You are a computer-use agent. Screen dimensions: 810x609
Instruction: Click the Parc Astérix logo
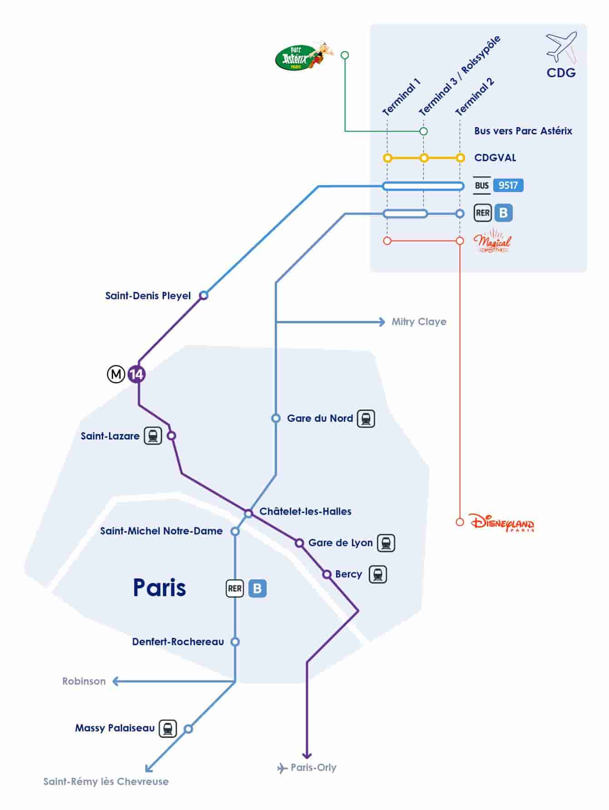[303, 56]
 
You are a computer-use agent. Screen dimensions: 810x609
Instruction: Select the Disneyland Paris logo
[501, 522]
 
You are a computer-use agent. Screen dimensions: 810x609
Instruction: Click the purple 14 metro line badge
[136, 374]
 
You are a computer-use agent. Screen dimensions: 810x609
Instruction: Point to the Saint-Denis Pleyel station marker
[204, 296]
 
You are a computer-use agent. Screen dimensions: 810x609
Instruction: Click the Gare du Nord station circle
[276, 418]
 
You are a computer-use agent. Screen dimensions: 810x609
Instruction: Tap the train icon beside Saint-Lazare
[153, 436]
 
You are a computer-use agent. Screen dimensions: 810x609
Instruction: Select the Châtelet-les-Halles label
[305, 511]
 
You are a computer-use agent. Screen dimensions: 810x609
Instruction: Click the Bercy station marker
[327, 574]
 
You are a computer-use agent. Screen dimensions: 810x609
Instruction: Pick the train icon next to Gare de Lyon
[386, 543]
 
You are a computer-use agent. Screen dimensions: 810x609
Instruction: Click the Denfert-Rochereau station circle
[235, 642]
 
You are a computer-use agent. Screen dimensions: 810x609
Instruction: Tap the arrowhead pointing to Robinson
[115, 681]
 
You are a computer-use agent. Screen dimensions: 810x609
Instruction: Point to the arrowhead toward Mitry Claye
[382, 322]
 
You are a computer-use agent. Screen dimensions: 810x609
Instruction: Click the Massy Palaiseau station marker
[188, 729]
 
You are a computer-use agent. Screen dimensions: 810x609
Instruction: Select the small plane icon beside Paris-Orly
[282, 768]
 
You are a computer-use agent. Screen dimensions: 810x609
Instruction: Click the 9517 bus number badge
[508, 185]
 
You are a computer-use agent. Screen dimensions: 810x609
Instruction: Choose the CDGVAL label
[495, 158]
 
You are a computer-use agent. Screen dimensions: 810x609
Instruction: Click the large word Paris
[159, 588]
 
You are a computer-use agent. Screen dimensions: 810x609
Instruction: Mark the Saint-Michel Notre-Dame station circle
[235, 531]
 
